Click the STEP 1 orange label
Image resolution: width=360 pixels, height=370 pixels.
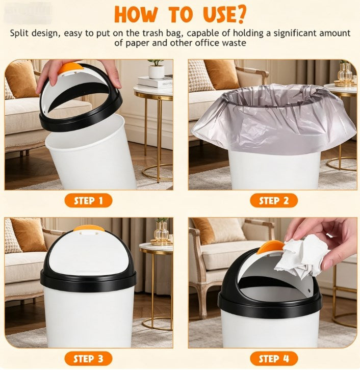88,200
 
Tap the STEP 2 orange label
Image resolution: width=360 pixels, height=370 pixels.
273,200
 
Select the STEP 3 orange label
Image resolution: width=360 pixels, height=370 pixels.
88,358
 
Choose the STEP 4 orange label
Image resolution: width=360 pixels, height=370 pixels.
273,358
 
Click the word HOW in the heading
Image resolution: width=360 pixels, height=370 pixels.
135,14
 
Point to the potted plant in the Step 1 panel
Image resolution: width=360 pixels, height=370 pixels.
156,68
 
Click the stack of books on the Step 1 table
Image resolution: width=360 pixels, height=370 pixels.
156,82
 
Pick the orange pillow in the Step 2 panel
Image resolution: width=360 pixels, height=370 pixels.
222,74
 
